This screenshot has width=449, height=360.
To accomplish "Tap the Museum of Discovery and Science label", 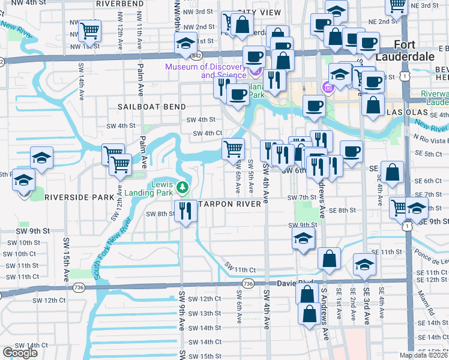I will (223, 71).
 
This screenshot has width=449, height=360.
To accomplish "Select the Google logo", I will (20, 353).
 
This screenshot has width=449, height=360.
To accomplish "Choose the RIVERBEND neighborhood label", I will (119, 4).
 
